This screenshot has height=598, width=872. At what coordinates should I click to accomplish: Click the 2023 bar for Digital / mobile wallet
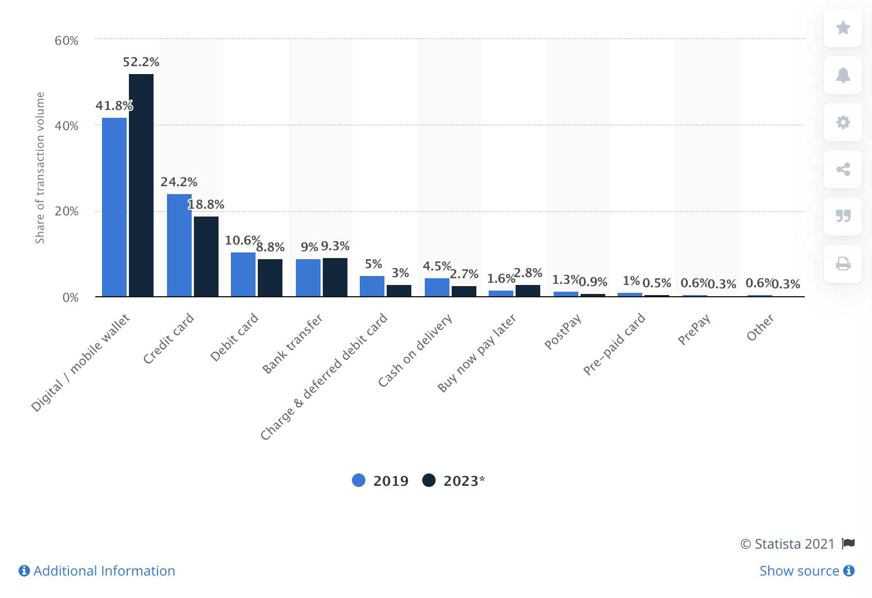141,185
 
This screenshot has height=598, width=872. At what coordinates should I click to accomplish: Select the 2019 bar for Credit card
179,245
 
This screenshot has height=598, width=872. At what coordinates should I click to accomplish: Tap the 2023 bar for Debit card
270,278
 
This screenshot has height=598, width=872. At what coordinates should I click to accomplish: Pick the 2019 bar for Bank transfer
308,278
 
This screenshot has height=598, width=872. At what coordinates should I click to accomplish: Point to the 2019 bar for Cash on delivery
437,287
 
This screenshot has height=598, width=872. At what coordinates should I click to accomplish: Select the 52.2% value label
141,62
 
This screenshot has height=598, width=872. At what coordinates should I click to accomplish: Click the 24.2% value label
179,182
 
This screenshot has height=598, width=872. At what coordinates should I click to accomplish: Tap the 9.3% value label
335,246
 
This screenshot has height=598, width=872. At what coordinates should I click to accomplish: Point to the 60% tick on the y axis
67,40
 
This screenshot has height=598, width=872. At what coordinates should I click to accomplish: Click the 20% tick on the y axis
67,211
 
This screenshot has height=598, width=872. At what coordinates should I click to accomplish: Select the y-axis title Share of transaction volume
40,168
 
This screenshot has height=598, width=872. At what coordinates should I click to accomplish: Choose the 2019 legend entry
381,481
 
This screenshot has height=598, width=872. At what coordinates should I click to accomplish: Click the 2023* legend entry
454,481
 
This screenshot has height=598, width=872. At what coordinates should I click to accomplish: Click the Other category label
760,328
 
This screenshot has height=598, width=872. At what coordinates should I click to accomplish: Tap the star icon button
843,27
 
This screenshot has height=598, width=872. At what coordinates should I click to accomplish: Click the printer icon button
843,263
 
